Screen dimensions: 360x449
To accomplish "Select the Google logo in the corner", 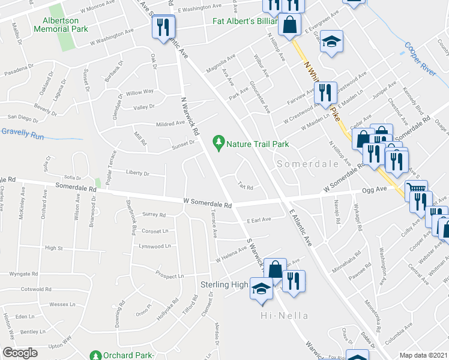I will [x=20, y=352].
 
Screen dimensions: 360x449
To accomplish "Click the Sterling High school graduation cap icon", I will [x=261, y=288].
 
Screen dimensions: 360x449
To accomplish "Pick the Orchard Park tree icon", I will [x=95, y=355].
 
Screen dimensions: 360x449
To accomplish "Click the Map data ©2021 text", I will [x=424, y=355].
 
